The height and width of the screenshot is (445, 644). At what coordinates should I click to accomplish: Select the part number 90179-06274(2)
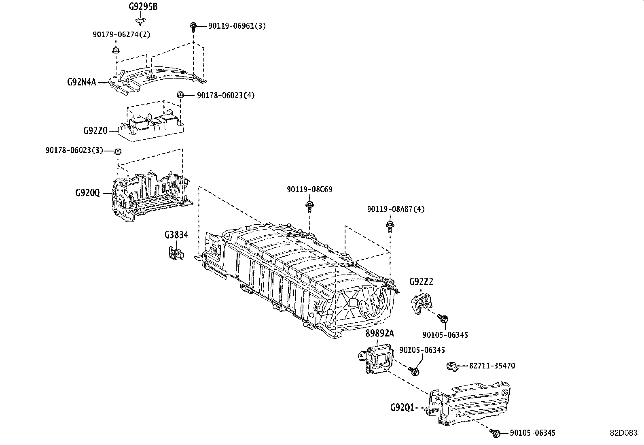121,34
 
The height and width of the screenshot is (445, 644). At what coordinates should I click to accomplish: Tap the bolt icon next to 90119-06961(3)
193,27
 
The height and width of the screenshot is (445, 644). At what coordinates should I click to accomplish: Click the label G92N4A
81,82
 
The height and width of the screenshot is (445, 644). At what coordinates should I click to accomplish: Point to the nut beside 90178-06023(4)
181,95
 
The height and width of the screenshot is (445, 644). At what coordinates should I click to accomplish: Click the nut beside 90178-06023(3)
118,152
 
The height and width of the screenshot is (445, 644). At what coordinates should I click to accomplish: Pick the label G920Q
87,193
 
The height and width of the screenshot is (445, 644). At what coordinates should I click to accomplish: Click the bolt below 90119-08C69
309,205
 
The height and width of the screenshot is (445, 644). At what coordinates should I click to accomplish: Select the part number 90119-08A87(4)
396,209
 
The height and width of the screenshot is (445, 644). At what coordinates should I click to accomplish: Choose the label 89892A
379,333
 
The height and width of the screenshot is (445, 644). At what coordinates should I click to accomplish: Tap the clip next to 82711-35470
452,366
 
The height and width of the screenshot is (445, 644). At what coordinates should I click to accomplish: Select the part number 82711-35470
492,366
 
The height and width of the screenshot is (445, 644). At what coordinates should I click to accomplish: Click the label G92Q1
402,407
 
